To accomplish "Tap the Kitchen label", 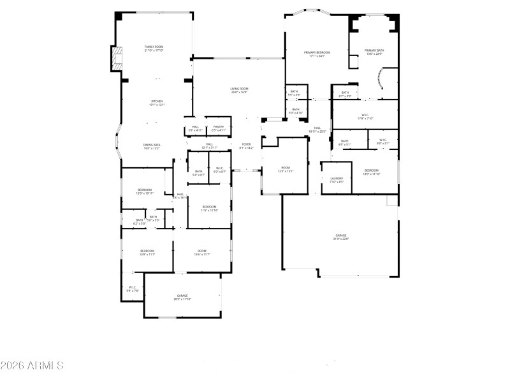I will pyautogui.click(x=157, y=103).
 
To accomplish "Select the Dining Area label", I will pyautogui.click(x=152, y=147).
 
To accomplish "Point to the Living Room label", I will pyautogui.click(x=239, y=91).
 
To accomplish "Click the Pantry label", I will pyautogui.click(x=219, y=128).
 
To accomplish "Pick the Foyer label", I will pyautogui.click(x=246, y=146).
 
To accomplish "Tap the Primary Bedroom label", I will pyautogui.click(x=317, y=54).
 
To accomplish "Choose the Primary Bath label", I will pyautogui.click(x=374, y=52).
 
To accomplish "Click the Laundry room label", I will pyautogui.click(x=337, y=180).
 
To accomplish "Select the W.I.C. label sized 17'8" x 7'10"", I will pyautogui.click(x=365, y=116).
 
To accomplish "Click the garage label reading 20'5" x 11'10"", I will pyautogui.click(x=182, y=297).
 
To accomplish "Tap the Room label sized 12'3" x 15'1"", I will pyautogui.click(x=285, y=170).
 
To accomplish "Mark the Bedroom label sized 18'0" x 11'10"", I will pyautogui.click(x=372, y=172).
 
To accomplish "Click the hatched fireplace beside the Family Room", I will pyautogui.click(x=116, y=59).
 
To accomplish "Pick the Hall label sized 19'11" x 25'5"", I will pyautogui.click(x=317, y=130).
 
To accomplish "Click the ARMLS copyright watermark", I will pyautogui.click(x=32, y=366).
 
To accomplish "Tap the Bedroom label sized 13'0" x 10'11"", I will pyautogui.click(x=145, y=191).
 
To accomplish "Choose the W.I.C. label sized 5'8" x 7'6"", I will pyautogui.click(x=133, y=289).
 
